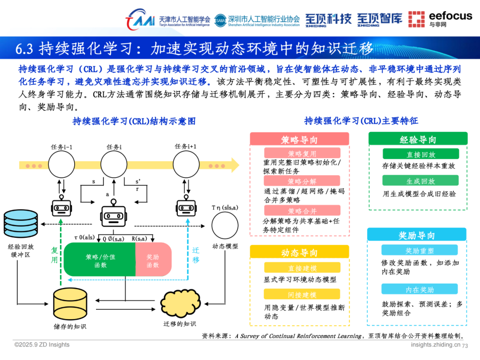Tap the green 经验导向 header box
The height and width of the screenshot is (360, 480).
(418, 139)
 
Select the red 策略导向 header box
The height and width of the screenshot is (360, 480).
(300, 140)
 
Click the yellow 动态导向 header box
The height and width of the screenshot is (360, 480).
(300, 252)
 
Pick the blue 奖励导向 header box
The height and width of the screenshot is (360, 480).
(416, 235)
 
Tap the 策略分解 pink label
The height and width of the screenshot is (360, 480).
(302, 181)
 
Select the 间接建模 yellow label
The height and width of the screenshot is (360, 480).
(302, 294)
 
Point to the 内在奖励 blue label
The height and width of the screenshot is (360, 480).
(419, 289)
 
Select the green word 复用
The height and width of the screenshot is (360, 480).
(54, 255)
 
